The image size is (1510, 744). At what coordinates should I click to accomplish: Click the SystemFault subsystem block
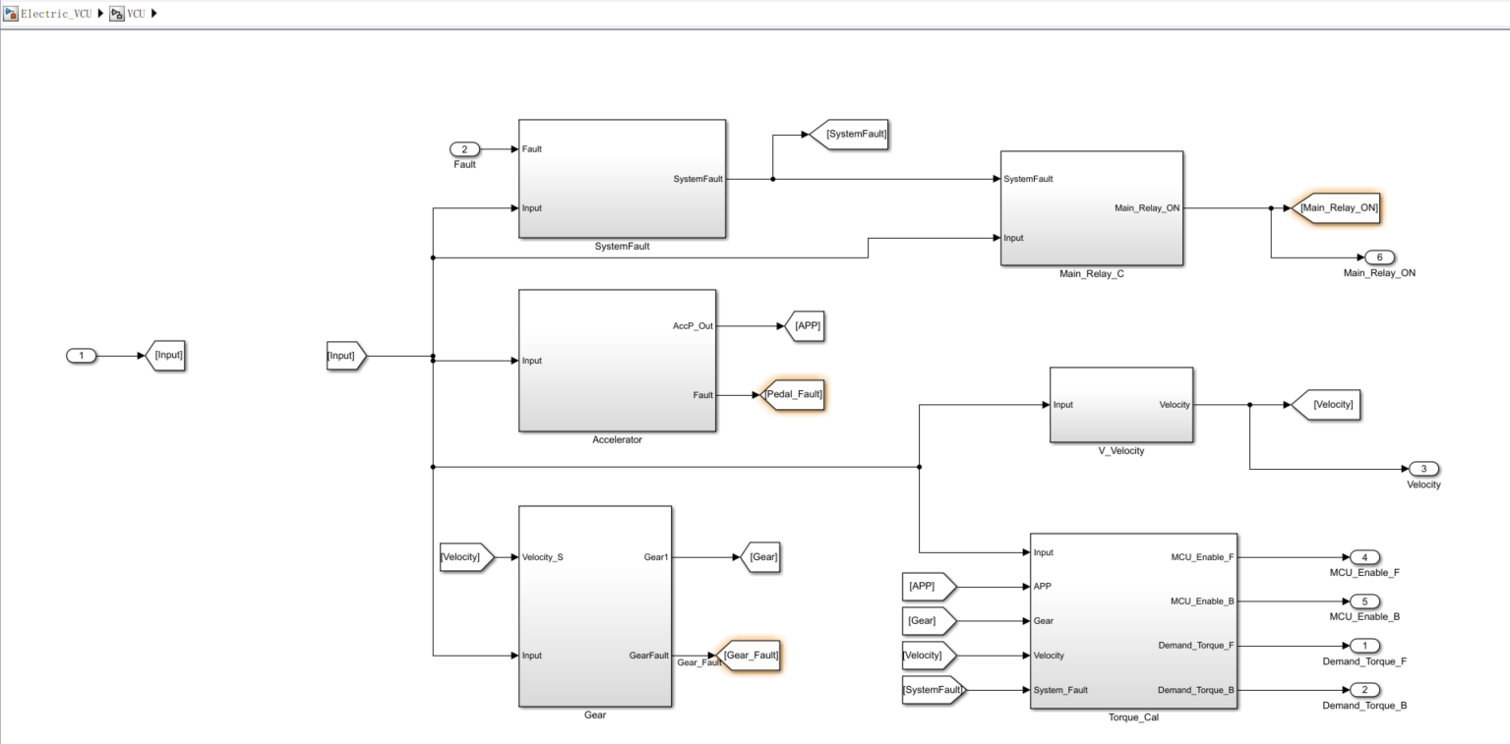[622, 178]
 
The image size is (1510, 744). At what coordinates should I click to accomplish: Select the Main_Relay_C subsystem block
[1091, 207]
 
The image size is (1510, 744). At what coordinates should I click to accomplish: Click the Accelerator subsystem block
[617, 360]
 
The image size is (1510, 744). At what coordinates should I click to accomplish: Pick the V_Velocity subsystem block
[1120, 404]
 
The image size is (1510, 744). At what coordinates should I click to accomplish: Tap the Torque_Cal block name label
[1132, 717]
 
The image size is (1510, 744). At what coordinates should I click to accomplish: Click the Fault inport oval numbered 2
[464, 149]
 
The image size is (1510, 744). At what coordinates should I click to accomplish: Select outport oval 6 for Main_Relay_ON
[1379, 258]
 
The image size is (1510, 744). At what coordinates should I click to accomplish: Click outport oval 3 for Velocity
[1423, 469]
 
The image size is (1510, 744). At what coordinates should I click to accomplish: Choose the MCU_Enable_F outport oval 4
[1364, 557]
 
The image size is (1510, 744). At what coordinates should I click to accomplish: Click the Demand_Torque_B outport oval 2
[1364, 690]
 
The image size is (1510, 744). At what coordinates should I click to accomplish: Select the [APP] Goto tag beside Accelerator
[803, 325]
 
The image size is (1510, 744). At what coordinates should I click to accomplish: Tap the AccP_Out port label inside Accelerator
[694, 325]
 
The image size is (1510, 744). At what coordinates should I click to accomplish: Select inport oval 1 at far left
[82, 356]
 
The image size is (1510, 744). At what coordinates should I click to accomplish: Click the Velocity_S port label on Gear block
[543, 557]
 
